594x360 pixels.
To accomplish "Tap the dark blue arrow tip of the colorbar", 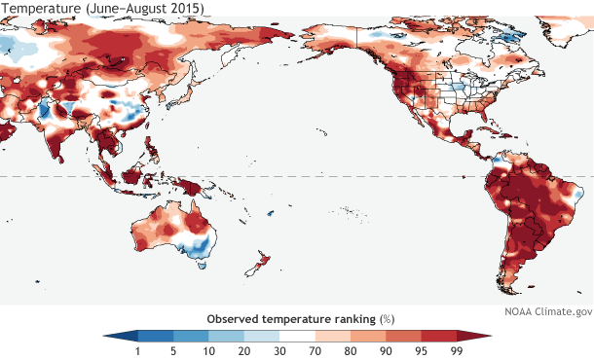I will tap(110, 336).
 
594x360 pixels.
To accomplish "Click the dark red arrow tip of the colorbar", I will tap(484, 336).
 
